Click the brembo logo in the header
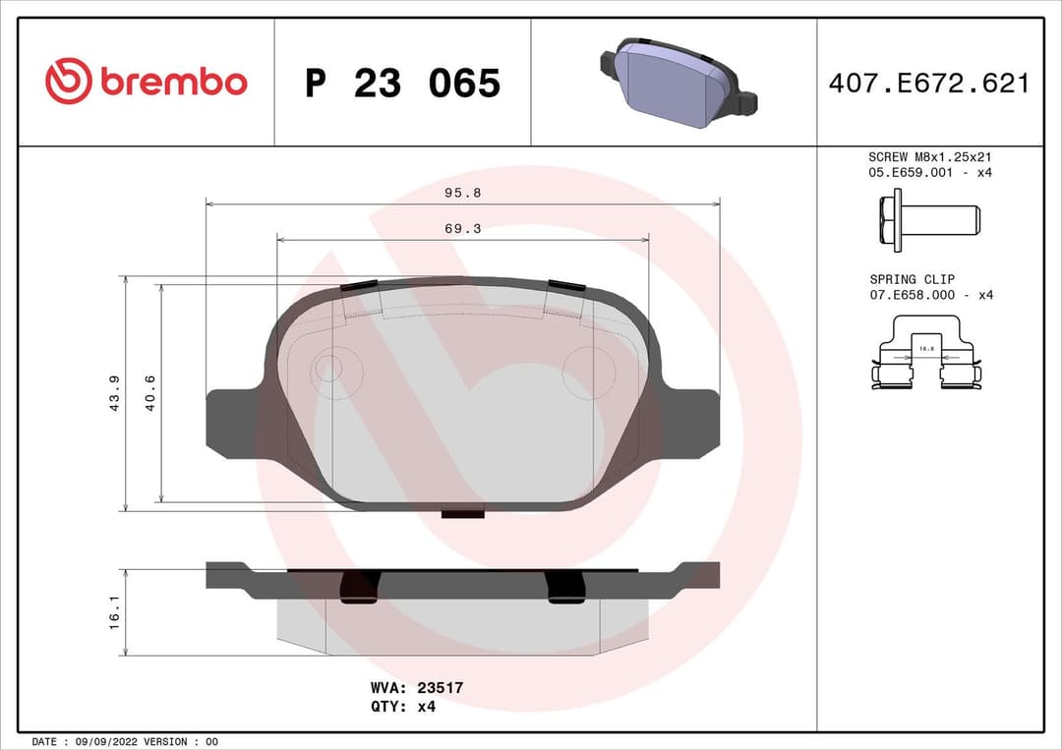147,83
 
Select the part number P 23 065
402,84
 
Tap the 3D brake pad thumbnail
677,85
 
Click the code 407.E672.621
928,84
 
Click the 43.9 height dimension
114,393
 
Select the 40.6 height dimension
150,393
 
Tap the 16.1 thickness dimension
114,612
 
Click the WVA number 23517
442,688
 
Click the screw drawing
928,219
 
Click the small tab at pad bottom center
463,511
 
